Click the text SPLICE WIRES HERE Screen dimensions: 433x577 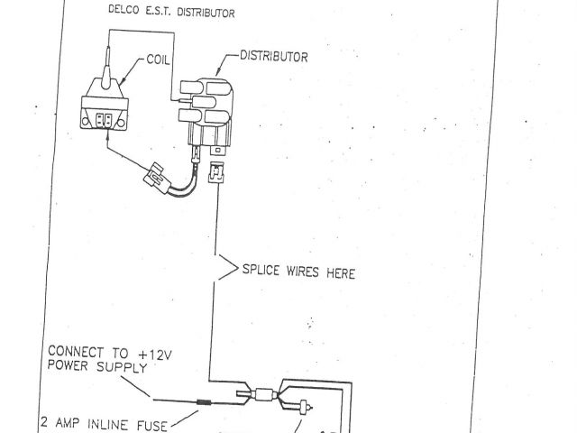click(x=298, y=271)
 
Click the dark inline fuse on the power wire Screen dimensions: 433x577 click(x=205, y=402)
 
